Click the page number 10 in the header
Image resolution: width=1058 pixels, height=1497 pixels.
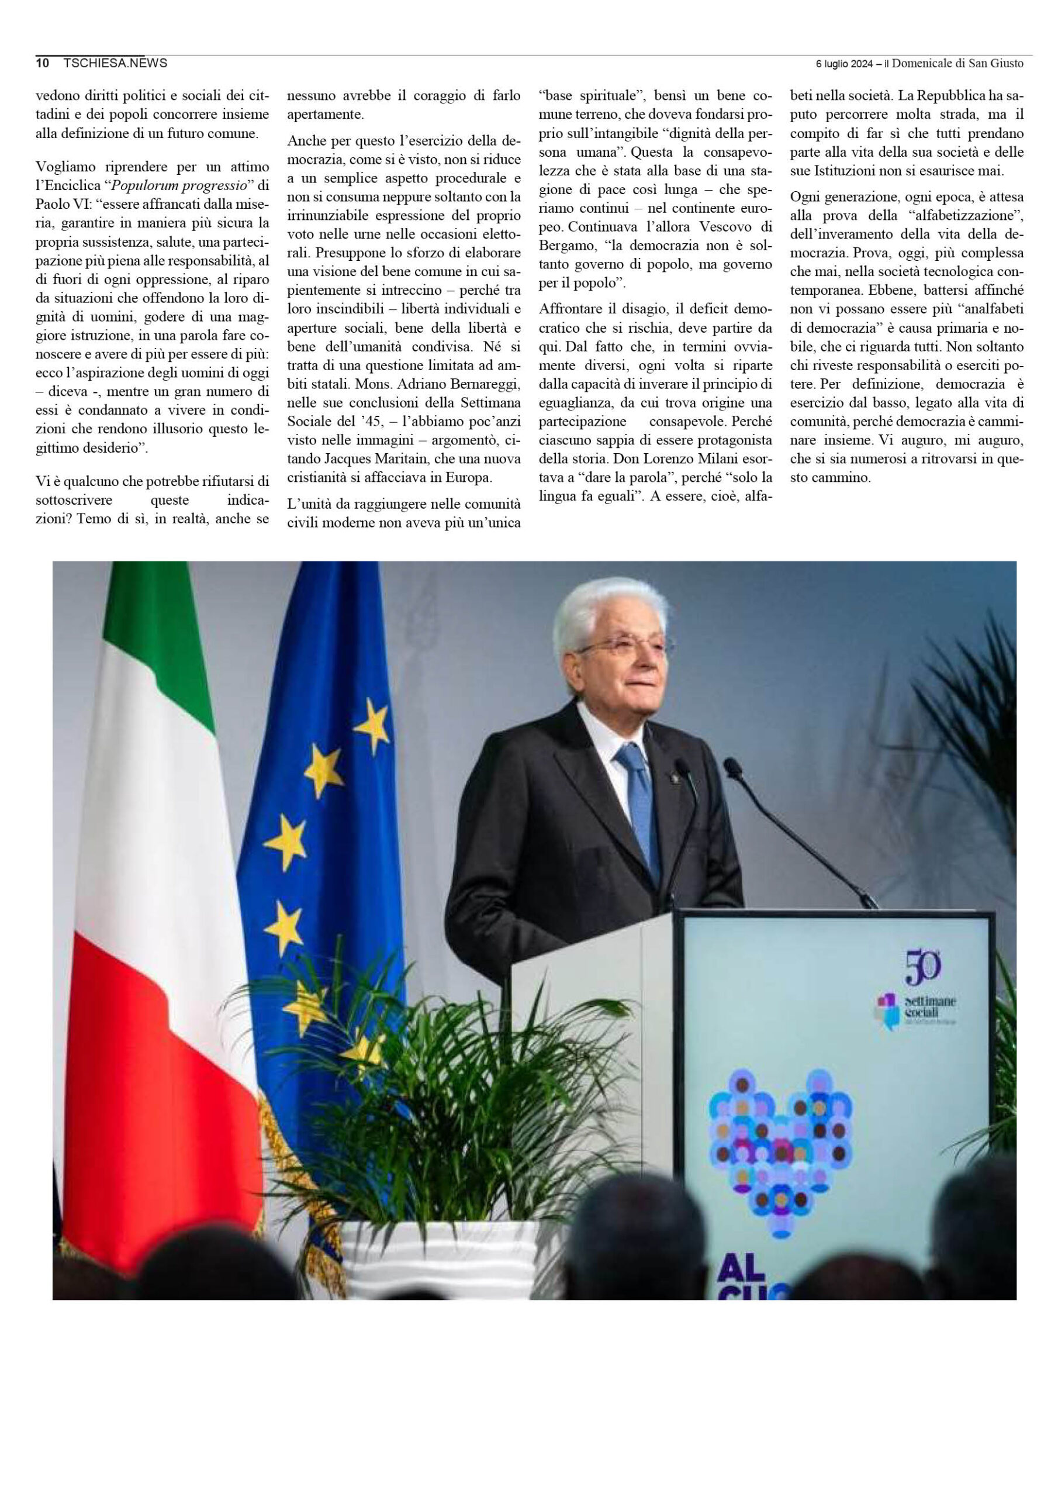(x=42, y=63)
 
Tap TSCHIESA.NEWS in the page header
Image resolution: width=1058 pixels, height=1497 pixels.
(x=115, y=63)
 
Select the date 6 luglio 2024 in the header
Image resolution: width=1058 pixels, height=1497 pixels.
(x=844, y=64)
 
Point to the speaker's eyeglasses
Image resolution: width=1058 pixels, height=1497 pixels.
(x=624, y=646)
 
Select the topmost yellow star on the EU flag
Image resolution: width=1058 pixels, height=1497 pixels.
(x=373, y=725)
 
